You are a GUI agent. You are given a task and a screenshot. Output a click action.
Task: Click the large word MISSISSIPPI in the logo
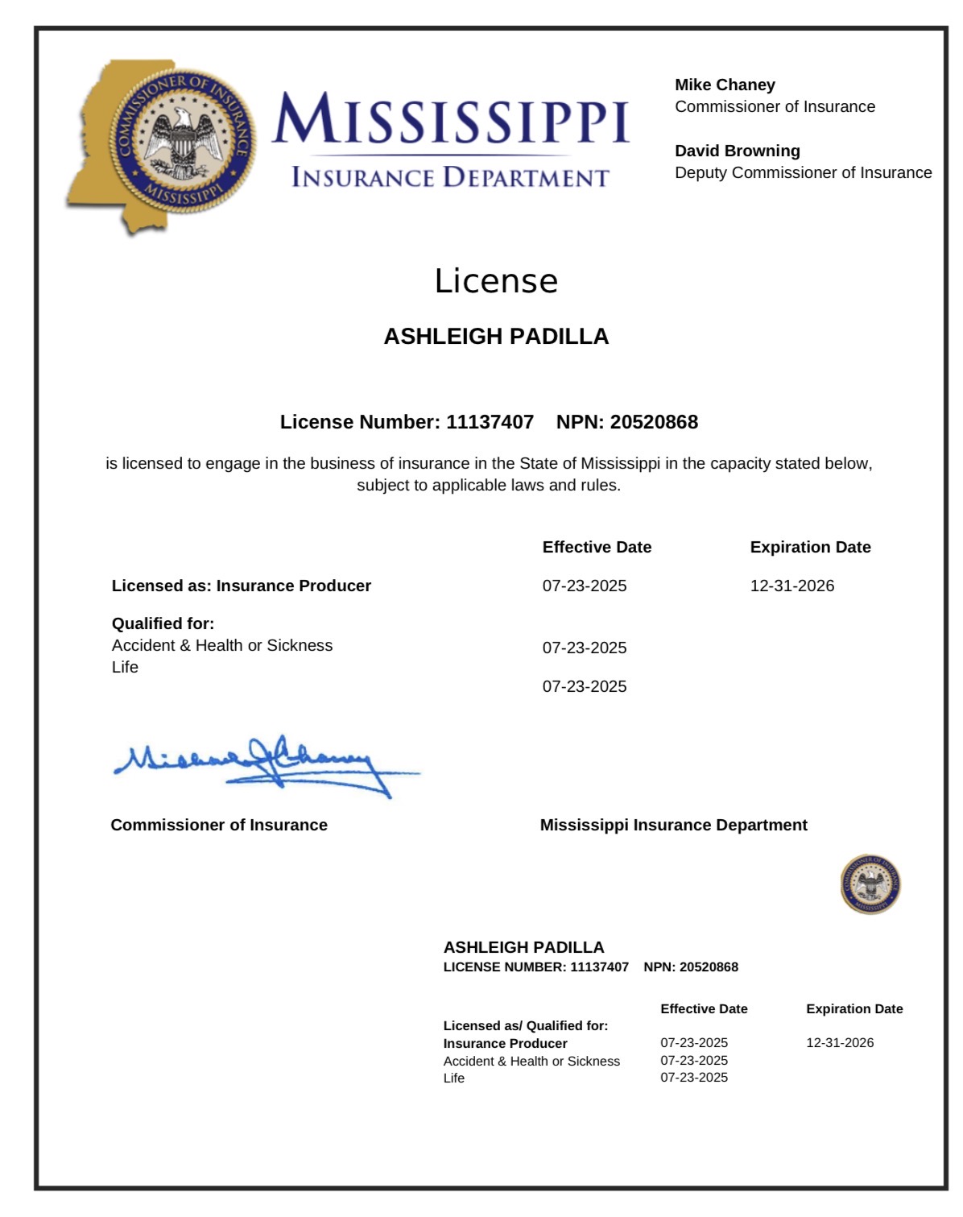[x=450, y=119]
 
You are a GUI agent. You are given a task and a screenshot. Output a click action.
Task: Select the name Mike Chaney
[x=725, y=85]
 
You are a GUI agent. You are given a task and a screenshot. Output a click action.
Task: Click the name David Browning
[x=737, y=151]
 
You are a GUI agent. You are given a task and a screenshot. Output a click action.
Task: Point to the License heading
[x=496, y=281]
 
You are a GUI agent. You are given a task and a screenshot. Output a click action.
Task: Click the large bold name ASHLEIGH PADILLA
[x=496, y=337]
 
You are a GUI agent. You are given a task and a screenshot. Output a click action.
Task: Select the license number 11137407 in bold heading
[x=490, y=422]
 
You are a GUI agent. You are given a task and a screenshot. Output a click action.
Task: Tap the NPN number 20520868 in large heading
[x=654, y=422]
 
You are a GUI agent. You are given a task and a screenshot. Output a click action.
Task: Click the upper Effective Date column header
[x=597, y=547]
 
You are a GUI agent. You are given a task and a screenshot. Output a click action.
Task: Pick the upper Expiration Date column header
[x=810, y=547]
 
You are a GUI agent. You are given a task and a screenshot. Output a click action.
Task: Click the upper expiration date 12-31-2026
[x=792, y=586]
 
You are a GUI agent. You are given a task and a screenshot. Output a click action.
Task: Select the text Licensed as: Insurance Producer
[x=242, y=586]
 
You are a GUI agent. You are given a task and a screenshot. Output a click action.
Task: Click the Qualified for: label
[x=163, y=623]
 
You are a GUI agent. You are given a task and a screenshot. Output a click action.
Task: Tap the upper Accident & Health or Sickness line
[x=222, y=645]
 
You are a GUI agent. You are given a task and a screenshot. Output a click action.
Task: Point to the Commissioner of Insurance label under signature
[x=219, y=825]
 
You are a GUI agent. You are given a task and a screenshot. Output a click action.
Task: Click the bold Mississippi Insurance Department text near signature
[x=673, y=825]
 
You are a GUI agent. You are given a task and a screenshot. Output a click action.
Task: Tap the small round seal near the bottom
[x=870, y=884]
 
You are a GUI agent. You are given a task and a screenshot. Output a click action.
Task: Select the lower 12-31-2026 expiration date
[x=840, y=1042]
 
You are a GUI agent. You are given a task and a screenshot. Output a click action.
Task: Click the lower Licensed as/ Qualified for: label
[x=526, y=1025]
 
